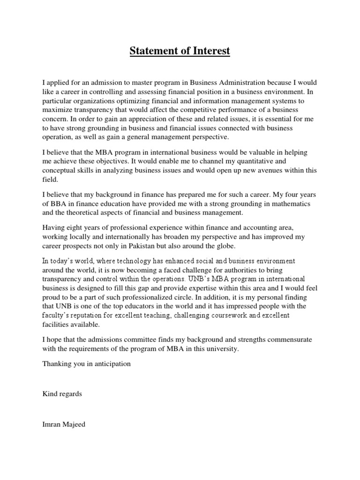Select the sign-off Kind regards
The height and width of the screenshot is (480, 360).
[62, 394]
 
